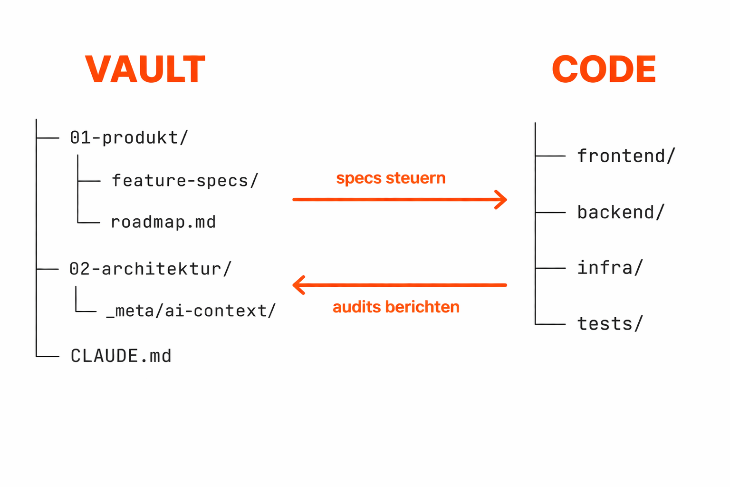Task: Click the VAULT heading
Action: click(x=145, y=69)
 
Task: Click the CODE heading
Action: click(x=604, y=69)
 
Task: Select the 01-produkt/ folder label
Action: click(x=129, y=138)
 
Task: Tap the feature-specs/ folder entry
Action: click(x=185, y=181)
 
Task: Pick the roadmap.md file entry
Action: click(x=163, y=222)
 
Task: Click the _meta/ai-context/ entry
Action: click(x=191, y=311)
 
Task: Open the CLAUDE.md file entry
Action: click(x=121, y=356)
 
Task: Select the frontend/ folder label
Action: click(x=626, y=156)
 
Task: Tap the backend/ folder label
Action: click(x=620, y=213)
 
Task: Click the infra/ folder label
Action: click(x=610, y=268)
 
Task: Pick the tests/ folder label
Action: click(x=610, y=324)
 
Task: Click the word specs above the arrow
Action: click(x=359, y=178)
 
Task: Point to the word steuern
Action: click(x=415, y=178)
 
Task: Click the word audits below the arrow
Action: click(x=357, y=307)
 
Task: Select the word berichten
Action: click(x=423, y=307)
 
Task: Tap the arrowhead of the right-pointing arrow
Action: click(x=502, y=200)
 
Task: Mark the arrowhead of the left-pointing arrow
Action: click(x=298, y=285)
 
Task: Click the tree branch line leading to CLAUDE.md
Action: click(x=48, y=356)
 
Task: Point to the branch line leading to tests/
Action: click(x=550, y=324)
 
